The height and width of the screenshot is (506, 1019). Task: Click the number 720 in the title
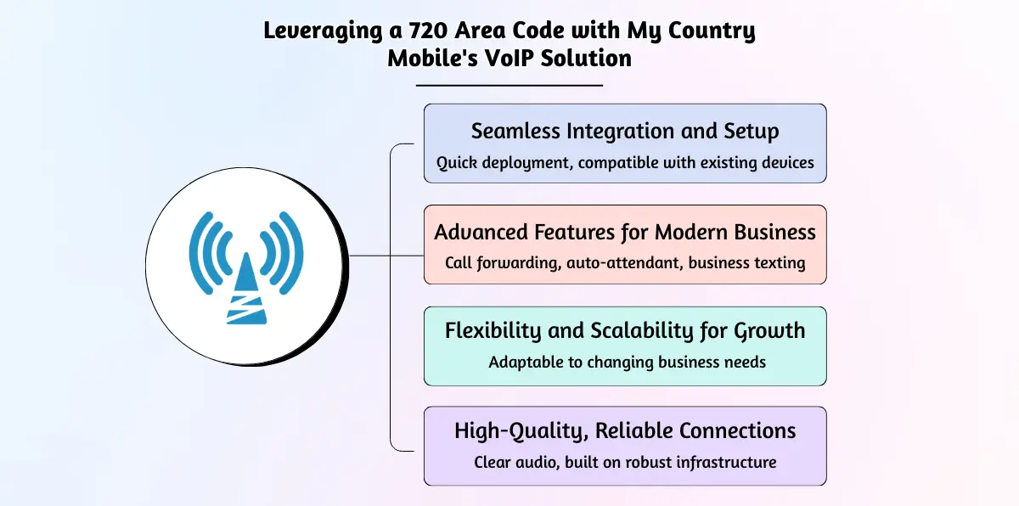tap(427, 31)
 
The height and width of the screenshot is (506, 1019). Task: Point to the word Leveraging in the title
tap(323, 31)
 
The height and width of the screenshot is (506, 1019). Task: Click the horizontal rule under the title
tap(509, 85)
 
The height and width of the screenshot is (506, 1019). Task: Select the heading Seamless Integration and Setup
tap(625, 132)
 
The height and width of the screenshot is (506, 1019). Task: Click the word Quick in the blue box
tap(457, 163)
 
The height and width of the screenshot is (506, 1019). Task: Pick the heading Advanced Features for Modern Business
tap(625, 233)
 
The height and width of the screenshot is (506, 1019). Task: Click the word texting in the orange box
tap(780, 263)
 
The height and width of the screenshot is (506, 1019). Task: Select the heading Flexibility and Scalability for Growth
tap(625, 331)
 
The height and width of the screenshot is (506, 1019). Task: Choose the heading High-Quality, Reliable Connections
tap(625, 431)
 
